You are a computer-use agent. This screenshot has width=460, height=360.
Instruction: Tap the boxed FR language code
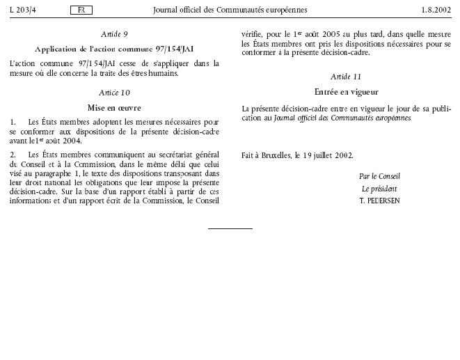click(81, 10)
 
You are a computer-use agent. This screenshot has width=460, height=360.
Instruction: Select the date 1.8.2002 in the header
click(435, 10)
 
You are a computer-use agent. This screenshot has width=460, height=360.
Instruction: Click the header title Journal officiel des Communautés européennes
click(230, 10)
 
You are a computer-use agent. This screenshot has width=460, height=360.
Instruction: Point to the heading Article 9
click(114, 33)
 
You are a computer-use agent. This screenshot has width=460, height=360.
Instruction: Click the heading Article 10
click(114, 93)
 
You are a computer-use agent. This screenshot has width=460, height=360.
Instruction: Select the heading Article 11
click(345, 76)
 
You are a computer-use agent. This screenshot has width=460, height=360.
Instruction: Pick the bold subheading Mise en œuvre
click(114, 107)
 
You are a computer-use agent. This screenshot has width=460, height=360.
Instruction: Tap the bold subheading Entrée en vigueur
click(346, 91)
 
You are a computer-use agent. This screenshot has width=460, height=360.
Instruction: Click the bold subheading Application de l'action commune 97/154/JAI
click(114, 49)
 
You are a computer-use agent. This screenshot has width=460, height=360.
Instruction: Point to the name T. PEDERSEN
click(379, 201)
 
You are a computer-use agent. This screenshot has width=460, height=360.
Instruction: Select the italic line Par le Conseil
click(379, 176)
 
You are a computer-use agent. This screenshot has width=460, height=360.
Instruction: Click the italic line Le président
click(379, 189)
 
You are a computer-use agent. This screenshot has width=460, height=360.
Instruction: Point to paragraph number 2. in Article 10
click(13, 154)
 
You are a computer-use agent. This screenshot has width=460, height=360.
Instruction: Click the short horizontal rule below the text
click(230, 228)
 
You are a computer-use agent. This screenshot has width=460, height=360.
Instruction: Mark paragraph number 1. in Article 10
click(13, 122)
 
